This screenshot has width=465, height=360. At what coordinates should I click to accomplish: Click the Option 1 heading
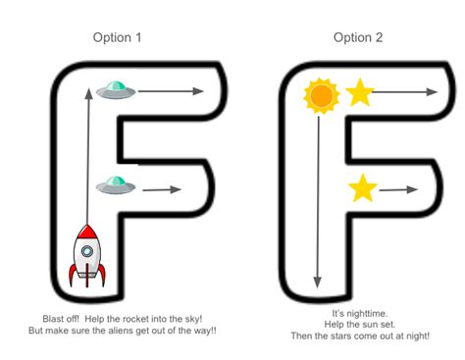[x=118, y=38]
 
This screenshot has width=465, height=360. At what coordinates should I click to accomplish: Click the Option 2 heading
[x=357, y=38]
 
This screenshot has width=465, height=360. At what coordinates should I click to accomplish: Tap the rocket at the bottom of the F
[x=86, y=257]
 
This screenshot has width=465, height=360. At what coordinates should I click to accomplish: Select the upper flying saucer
[x=115, y=92]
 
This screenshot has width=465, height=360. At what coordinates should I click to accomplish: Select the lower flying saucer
[x=115, y=183]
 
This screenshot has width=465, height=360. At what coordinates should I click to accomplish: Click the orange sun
[x=320, y=95]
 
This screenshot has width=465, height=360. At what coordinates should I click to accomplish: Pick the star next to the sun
[x=359, y=93]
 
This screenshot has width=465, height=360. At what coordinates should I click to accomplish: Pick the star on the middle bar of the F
[x=363, y=187]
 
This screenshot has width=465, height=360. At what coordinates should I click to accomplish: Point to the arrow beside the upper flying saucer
[x=171, y=92]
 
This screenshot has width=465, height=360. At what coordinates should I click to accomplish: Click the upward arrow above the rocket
[x=88, y=147]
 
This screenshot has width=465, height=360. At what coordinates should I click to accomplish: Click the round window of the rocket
[x=86, y=251]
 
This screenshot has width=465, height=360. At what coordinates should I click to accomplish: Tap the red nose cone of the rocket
[x=86, y=232]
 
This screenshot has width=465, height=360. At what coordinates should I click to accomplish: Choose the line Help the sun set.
[x=357, y=325]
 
